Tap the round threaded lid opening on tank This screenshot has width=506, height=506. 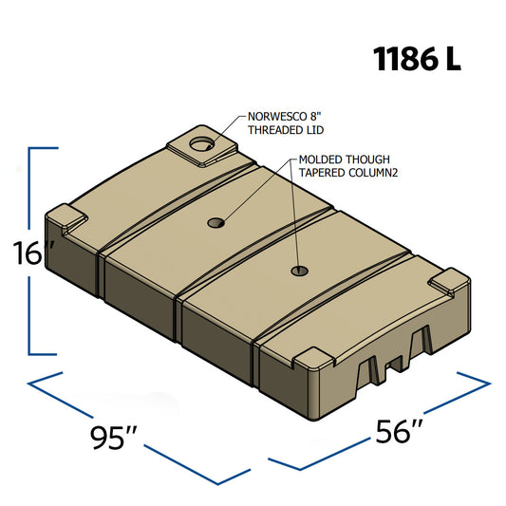coord(200,144)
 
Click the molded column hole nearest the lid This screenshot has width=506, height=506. coord(216,223)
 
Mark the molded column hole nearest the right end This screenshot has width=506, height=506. coord(299,272)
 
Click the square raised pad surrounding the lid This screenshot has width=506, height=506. coord(201,145)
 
